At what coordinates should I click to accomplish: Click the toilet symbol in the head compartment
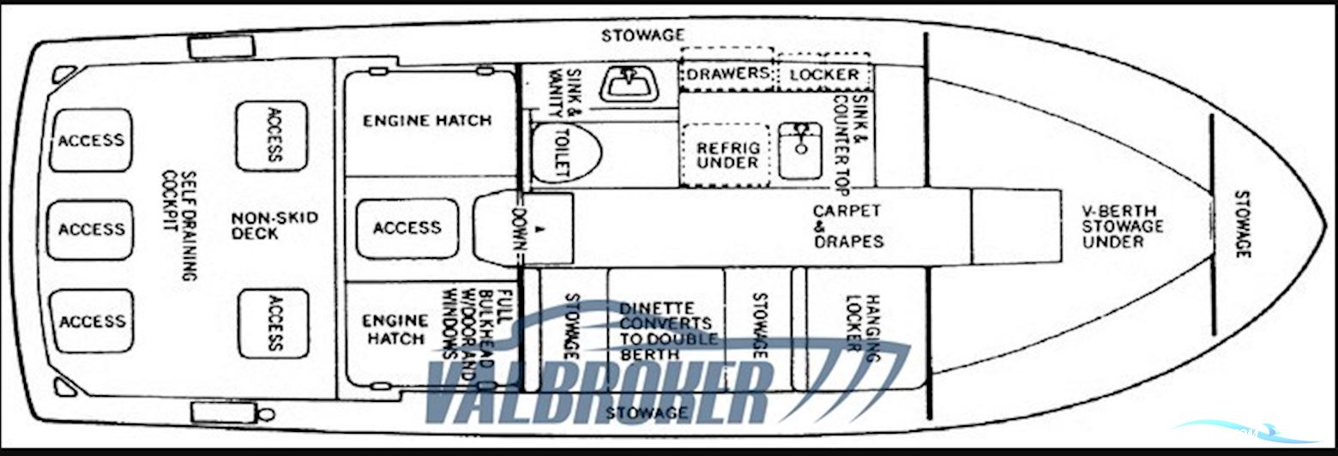(x=566, y=153)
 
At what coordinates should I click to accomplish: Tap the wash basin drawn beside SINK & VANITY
(x=629, y=83)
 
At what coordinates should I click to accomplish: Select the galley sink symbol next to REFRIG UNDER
(x=800, y=150)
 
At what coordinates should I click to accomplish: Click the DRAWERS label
(x=727, y=74)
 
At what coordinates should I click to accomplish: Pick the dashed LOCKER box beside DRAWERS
(x=824, y=74)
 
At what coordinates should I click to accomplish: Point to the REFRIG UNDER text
(x=728, y=155)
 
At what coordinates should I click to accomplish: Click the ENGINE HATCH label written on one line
(x=427, y=121)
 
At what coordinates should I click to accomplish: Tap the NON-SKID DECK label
(x=274, y=225)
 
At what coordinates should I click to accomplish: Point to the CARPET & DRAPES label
(x=847, y=226)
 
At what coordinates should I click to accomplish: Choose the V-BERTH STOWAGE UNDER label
(x=1123, y=226)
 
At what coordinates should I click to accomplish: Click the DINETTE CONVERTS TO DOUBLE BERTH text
(x=668, y=331)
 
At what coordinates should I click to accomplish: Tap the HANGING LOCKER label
(x=864, y=327)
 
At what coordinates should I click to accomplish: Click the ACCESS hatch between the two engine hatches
(x=407, y=228)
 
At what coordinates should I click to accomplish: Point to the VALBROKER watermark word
(x=596, y=391)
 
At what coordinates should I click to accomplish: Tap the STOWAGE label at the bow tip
(x=1242, y=225)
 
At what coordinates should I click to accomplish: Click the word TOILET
(x=563, y=153)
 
